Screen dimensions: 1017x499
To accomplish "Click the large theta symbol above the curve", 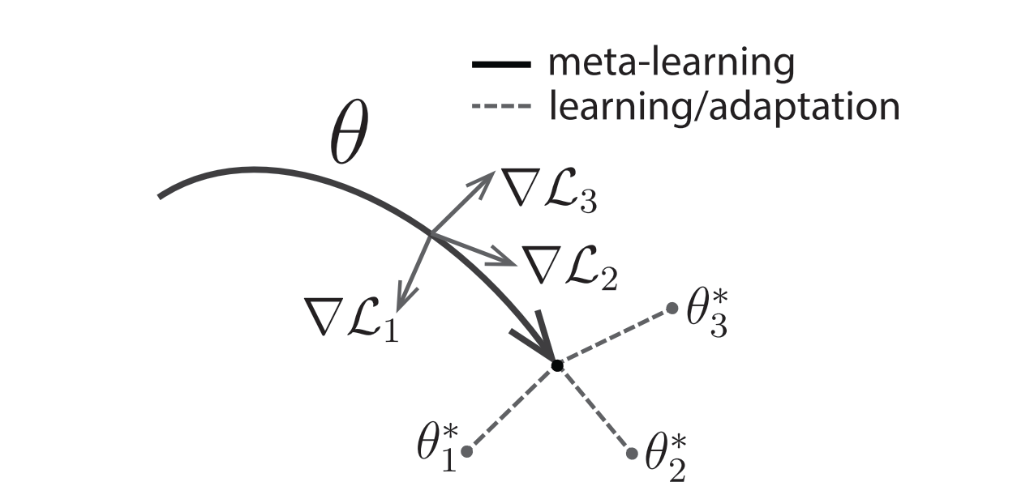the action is (x=349, y=139).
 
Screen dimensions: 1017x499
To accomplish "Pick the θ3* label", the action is (x=706, y=313).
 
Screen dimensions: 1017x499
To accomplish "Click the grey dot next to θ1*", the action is (x=466, y=450).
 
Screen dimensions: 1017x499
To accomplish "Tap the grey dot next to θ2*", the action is (x=632, y=452).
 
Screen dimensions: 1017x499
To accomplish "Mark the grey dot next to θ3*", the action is (x=672, y=308).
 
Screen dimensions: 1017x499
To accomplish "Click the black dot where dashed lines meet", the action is (x=556, y=366).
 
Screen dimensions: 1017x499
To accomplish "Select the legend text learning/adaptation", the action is (x=723, y=105).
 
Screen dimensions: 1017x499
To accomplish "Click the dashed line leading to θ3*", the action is (x=614, y=337).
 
